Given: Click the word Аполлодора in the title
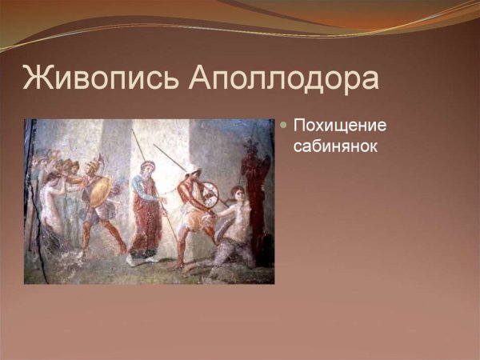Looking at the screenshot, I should click(285, 79).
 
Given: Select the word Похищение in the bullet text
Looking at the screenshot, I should click(340, 126).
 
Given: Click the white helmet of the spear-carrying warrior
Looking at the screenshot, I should click(192, 170).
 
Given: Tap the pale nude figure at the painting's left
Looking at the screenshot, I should click(50, 204).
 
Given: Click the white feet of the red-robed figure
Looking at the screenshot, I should click(141, 258).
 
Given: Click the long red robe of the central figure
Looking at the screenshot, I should click(146, 220).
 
